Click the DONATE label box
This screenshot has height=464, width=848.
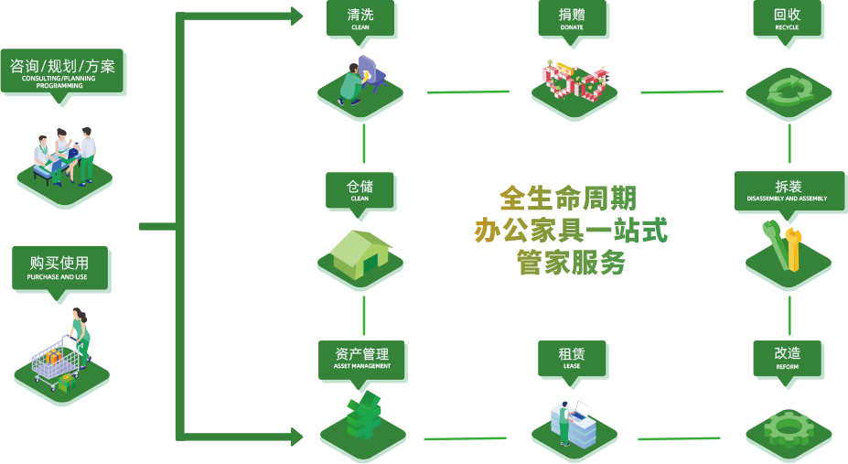tap(572, 18)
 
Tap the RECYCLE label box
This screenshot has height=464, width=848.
tap(787, 18)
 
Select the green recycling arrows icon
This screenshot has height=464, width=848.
tap(788, 91)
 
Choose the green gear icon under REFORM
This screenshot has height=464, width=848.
tap(788, 427)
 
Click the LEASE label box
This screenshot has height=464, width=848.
tap(572, 357)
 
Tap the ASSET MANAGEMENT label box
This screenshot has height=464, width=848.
tap(361, 357)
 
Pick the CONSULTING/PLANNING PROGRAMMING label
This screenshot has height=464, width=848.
tap(62, 71)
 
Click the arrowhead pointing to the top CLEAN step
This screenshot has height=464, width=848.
tap(296, 16)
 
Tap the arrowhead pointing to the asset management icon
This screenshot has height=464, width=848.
tap(296, 437)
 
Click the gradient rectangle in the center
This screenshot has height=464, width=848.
tap(570, 229)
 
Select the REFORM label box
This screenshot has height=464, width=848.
tap(787, 357)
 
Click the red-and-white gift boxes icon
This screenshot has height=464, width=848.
tap(574, 82)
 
